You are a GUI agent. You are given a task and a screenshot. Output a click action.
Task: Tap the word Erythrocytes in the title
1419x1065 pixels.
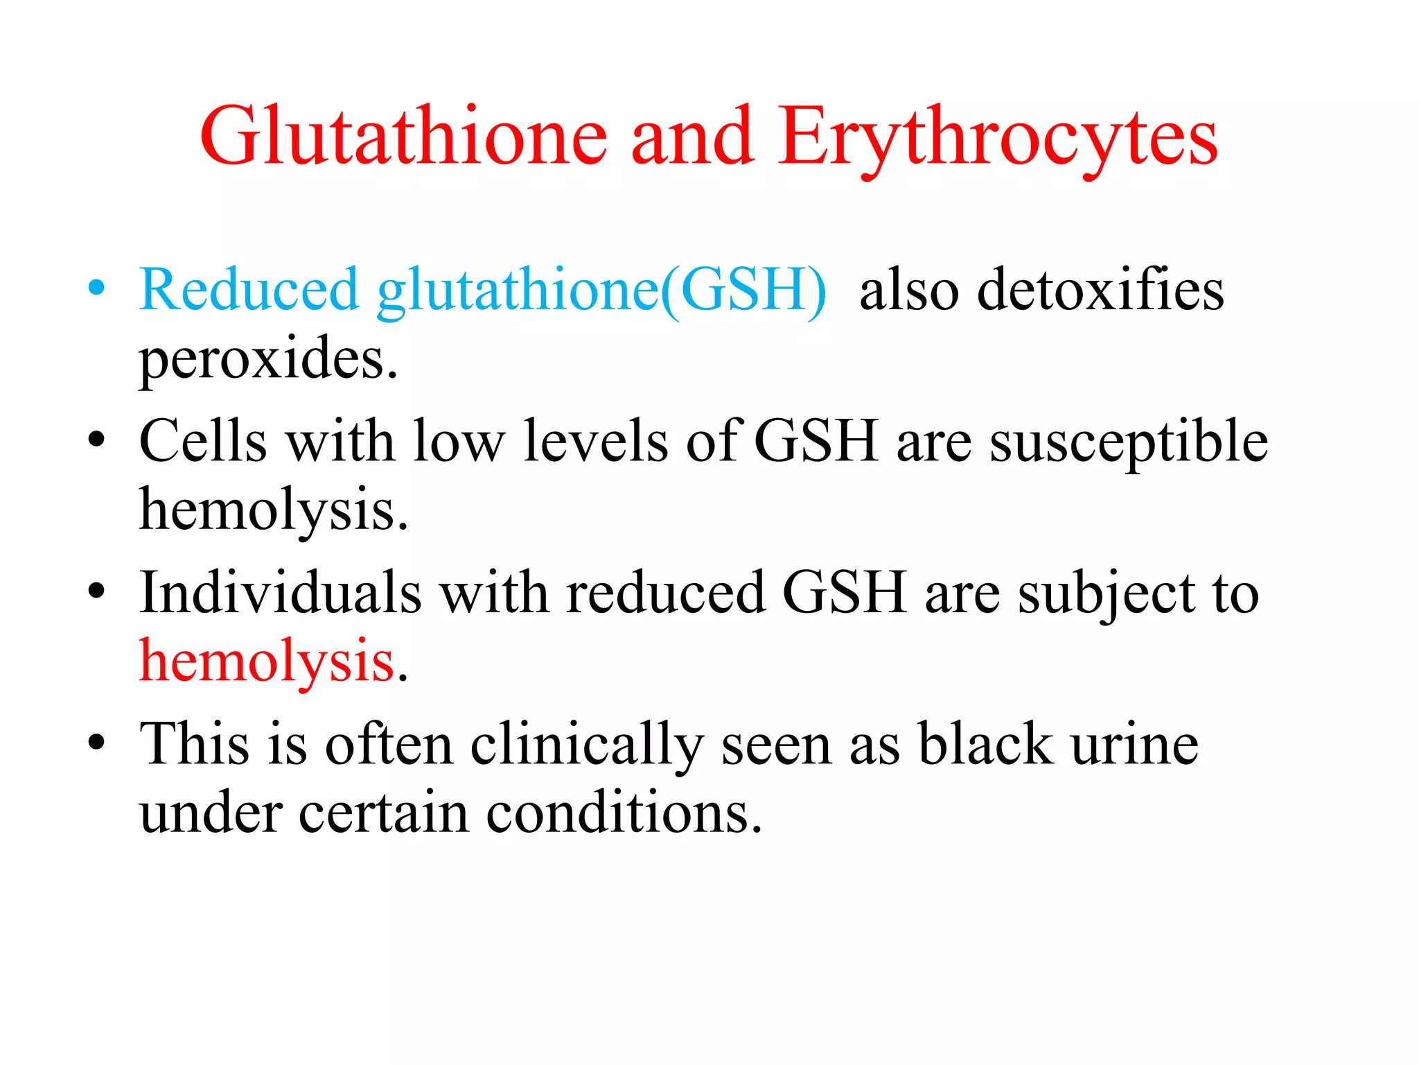pyautogui.click(x=998, y=137)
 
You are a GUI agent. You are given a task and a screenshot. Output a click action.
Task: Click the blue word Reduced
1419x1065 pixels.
pyautogui.click(x=249, y=289)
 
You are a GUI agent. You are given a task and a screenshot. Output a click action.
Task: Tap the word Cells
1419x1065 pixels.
pyautogui.click(x=203, y=441)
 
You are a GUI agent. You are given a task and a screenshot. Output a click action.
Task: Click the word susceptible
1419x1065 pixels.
pyautogui.click(x=1129, y=442)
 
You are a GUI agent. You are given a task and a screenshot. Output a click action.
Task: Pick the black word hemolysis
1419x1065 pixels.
pyautogui.click(x=273, y=510)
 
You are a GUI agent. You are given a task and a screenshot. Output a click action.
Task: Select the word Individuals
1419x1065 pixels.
pyautogui.click(x=281, y=593)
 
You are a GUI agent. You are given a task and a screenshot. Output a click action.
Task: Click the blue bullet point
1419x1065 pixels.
pyautogui.click(x=96, y=288)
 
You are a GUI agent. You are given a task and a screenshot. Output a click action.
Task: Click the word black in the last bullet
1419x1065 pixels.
pyautogui.click(x=985, y=744)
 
